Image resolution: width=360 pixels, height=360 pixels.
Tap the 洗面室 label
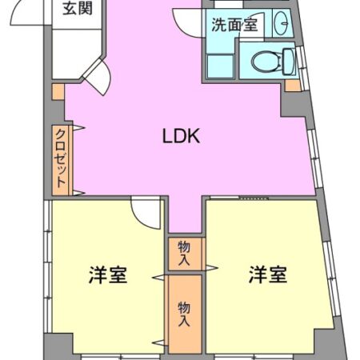[x=234, y=24]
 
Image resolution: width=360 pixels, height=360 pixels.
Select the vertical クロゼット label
[x=60, y=158]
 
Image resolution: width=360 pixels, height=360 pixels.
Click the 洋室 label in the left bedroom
[x=107, y=276]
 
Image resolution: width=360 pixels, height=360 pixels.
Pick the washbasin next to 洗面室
[x=281, y=24]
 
